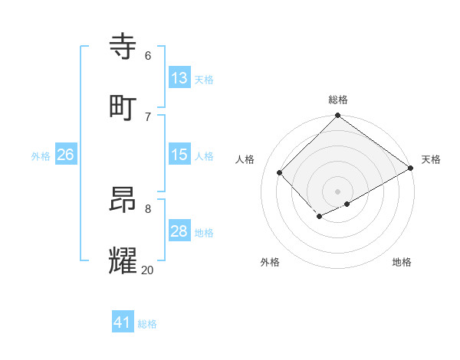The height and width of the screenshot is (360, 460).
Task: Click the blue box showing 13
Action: [x=179, y=78]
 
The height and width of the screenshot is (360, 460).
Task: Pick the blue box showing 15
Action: [x=179, y=155]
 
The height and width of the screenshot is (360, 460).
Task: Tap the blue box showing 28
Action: [x=179, y=231]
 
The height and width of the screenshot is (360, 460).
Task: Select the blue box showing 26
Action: [x=65, y=155]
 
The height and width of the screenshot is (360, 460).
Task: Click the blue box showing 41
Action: [x=123, y=322]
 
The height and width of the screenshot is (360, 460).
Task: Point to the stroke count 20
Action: [x=148, y=269]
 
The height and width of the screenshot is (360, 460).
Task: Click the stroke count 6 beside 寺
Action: [x=148, y=55]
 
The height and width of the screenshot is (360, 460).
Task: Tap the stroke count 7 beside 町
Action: [x=148, y=116]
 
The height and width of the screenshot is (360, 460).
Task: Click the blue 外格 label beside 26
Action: [x=41, y=155]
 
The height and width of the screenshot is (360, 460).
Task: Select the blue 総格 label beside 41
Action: [x=148, y=323]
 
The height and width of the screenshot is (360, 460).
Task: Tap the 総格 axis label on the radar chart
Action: [x=338, y=100]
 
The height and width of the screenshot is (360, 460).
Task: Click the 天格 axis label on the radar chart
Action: [x=431, y=159]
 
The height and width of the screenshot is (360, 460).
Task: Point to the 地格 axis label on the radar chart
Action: [x=402, y=262]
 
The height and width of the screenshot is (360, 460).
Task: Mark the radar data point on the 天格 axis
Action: [x=411, y=168]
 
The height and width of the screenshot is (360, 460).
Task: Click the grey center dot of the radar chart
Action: [x=338, y=191]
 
